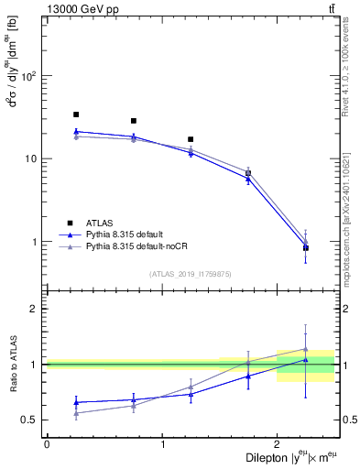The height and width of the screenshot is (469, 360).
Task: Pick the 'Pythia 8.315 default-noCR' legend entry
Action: (145, 248)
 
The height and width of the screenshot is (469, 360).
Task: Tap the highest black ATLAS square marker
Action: (76, 115)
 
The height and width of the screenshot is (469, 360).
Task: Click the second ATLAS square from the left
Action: (134, 121)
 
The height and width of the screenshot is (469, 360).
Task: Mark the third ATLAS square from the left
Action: (191, 139)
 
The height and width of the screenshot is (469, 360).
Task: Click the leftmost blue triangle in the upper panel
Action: (76, 131)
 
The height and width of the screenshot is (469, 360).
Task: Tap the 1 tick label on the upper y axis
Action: (36, 243)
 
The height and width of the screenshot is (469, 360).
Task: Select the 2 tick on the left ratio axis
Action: (36, 309)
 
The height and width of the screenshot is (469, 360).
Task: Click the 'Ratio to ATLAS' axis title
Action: (12, 365)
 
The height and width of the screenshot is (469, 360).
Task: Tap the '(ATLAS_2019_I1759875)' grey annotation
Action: (191, 274)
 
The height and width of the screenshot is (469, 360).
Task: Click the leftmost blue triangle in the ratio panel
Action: (76, 402)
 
